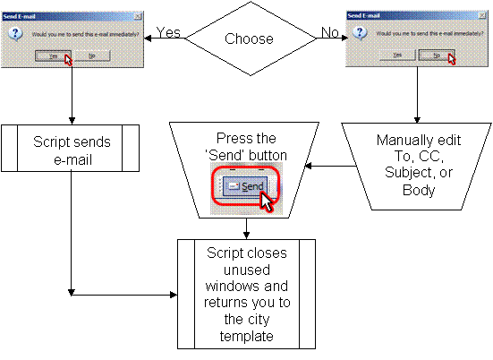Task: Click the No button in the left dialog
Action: click(x=92, y=56)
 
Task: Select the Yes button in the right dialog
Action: click(x=398, y=56)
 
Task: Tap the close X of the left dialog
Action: click(x=136, y=16)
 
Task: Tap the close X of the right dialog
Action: click(x=480, y=16)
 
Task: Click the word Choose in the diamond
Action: click(x=249, y=39)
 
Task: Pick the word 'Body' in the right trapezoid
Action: click(x=419, y=192)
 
